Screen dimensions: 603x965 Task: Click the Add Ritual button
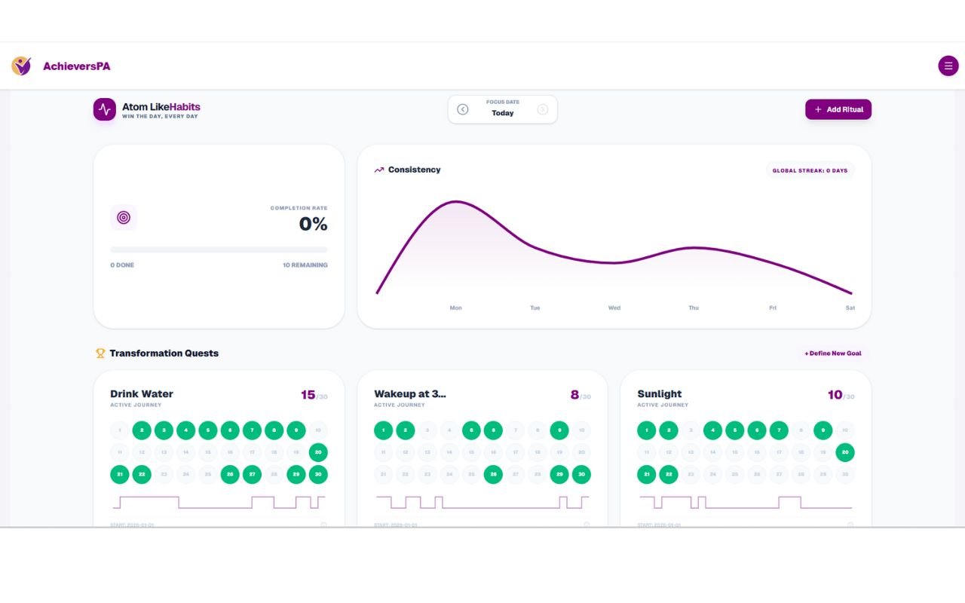[838, 109]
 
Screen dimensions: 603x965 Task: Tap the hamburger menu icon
[948, 66]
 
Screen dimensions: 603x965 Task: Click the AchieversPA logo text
[76, 66]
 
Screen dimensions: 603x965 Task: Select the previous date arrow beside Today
[463, 109]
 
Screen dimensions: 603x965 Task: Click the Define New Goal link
[832, 353]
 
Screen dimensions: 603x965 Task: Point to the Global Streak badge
[810, 170]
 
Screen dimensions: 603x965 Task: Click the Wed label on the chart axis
[614, 308]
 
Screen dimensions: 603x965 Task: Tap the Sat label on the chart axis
[850, 308]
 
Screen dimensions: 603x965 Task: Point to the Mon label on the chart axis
[455, 308]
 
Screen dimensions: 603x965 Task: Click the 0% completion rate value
[313, 224]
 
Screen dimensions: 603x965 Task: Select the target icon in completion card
[124, 218]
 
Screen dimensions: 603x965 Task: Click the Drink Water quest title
[142, 393]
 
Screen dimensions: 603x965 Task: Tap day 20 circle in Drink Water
[318, 452]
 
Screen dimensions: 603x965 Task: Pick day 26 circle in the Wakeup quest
[493, 475]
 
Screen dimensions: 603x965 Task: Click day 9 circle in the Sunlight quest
[823, 430]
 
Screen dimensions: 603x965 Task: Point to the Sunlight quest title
[659, 393]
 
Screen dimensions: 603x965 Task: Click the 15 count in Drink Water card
[308, 395]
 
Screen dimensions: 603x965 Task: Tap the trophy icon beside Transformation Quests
[100, 353]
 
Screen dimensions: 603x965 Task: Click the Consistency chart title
[414, 170]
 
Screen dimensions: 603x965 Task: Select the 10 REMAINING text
[305, 265]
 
